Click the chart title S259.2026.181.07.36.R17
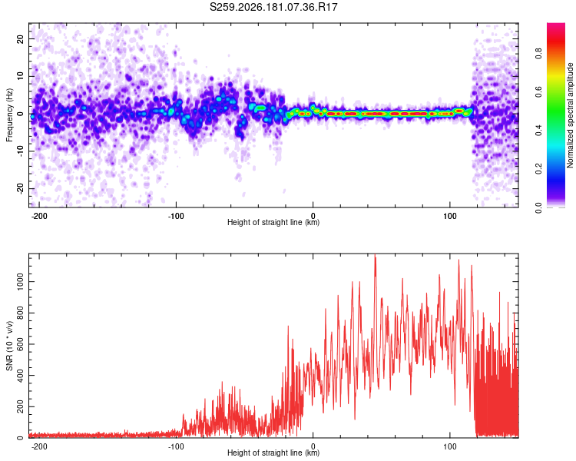[273, 7]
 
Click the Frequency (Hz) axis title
[9, 115]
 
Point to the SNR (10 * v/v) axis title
[9, 346]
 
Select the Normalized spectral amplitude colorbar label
[570, 115]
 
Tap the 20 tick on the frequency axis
[20, 38]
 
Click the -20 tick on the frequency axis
[20, 188]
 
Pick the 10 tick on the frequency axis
[20, 76]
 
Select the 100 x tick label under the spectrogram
[449, 216]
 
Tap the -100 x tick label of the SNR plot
[175, 446]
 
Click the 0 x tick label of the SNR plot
[313, 446]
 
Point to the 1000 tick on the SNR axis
[20, 282]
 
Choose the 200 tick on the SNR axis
[20, 406]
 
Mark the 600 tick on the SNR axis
[20, 344]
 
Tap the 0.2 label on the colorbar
[538, 169]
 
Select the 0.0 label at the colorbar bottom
[538, 208]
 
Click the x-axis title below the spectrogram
[273, 222]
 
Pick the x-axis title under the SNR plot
[273, 453]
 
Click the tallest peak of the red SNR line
[375, 254]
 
